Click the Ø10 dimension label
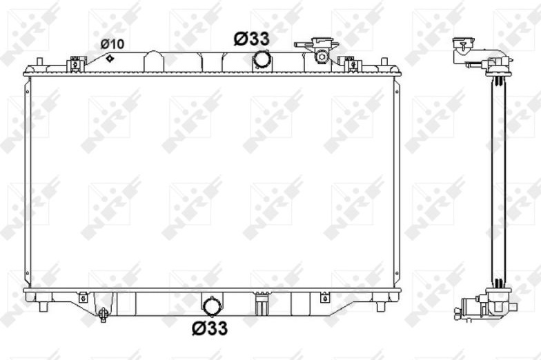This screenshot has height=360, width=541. click(112, 44)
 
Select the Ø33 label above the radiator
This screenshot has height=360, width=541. click(251, 39)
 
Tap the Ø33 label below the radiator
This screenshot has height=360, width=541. click(210, 328)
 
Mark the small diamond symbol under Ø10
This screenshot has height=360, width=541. click(109, 58)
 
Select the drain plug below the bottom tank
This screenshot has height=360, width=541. click(102, 314)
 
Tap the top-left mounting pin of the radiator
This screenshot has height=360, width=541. click(39, 62)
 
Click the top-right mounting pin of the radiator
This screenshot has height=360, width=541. click(384, 62)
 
